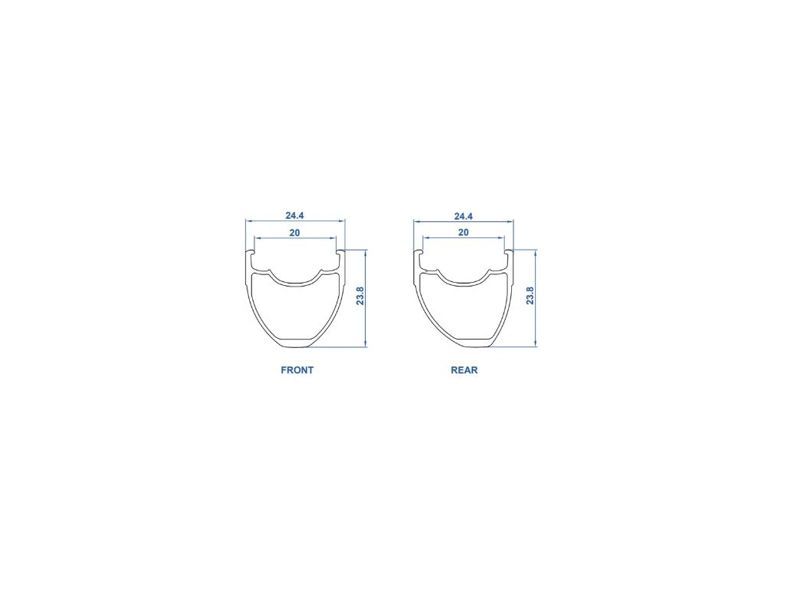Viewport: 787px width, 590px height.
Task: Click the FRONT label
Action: coord(297,370)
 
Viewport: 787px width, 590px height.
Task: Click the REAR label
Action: coord(464,370)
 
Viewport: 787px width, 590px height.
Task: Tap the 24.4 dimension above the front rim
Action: coord(295,215)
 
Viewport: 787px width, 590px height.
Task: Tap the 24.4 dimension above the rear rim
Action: coord(463,216)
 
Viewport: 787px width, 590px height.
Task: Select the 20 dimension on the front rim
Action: coord(294,232)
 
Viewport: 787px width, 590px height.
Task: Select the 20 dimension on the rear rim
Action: coord(463,232)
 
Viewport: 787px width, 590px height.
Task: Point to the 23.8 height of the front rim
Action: coord(360,296)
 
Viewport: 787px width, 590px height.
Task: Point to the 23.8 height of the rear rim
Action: coord(530,296)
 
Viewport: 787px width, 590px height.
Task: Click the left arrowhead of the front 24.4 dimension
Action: coord(249,220)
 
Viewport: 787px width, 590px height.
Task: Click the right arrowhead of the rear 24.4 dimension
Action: coord(510,221)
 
